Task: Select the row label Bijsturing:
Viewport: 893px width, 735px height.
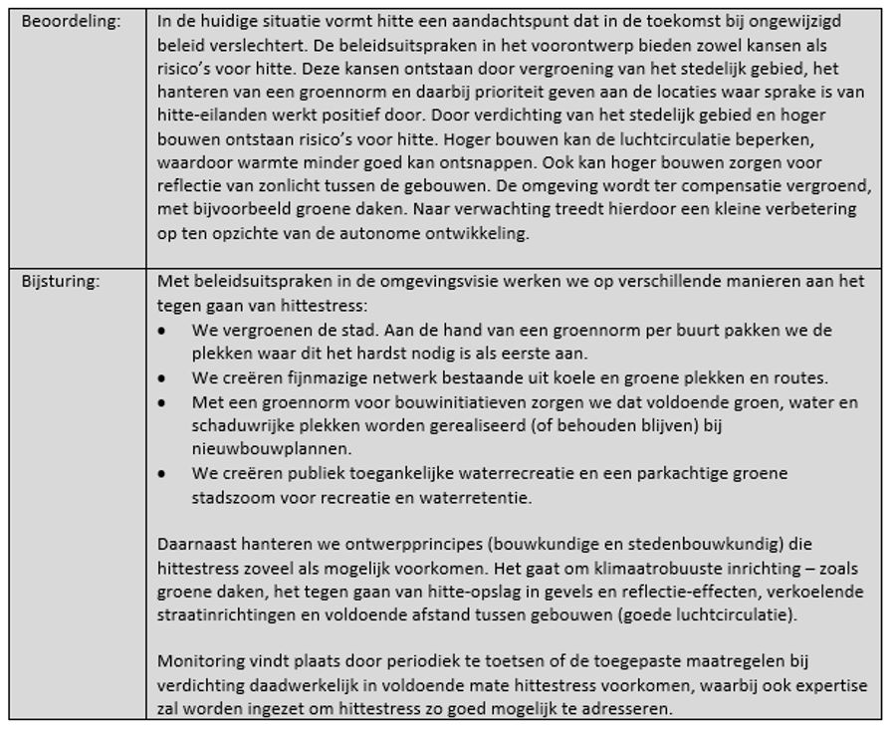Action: click(61, 282)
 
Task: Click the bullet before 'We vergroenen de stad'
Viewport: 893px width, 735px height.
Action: click(162, 330)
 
